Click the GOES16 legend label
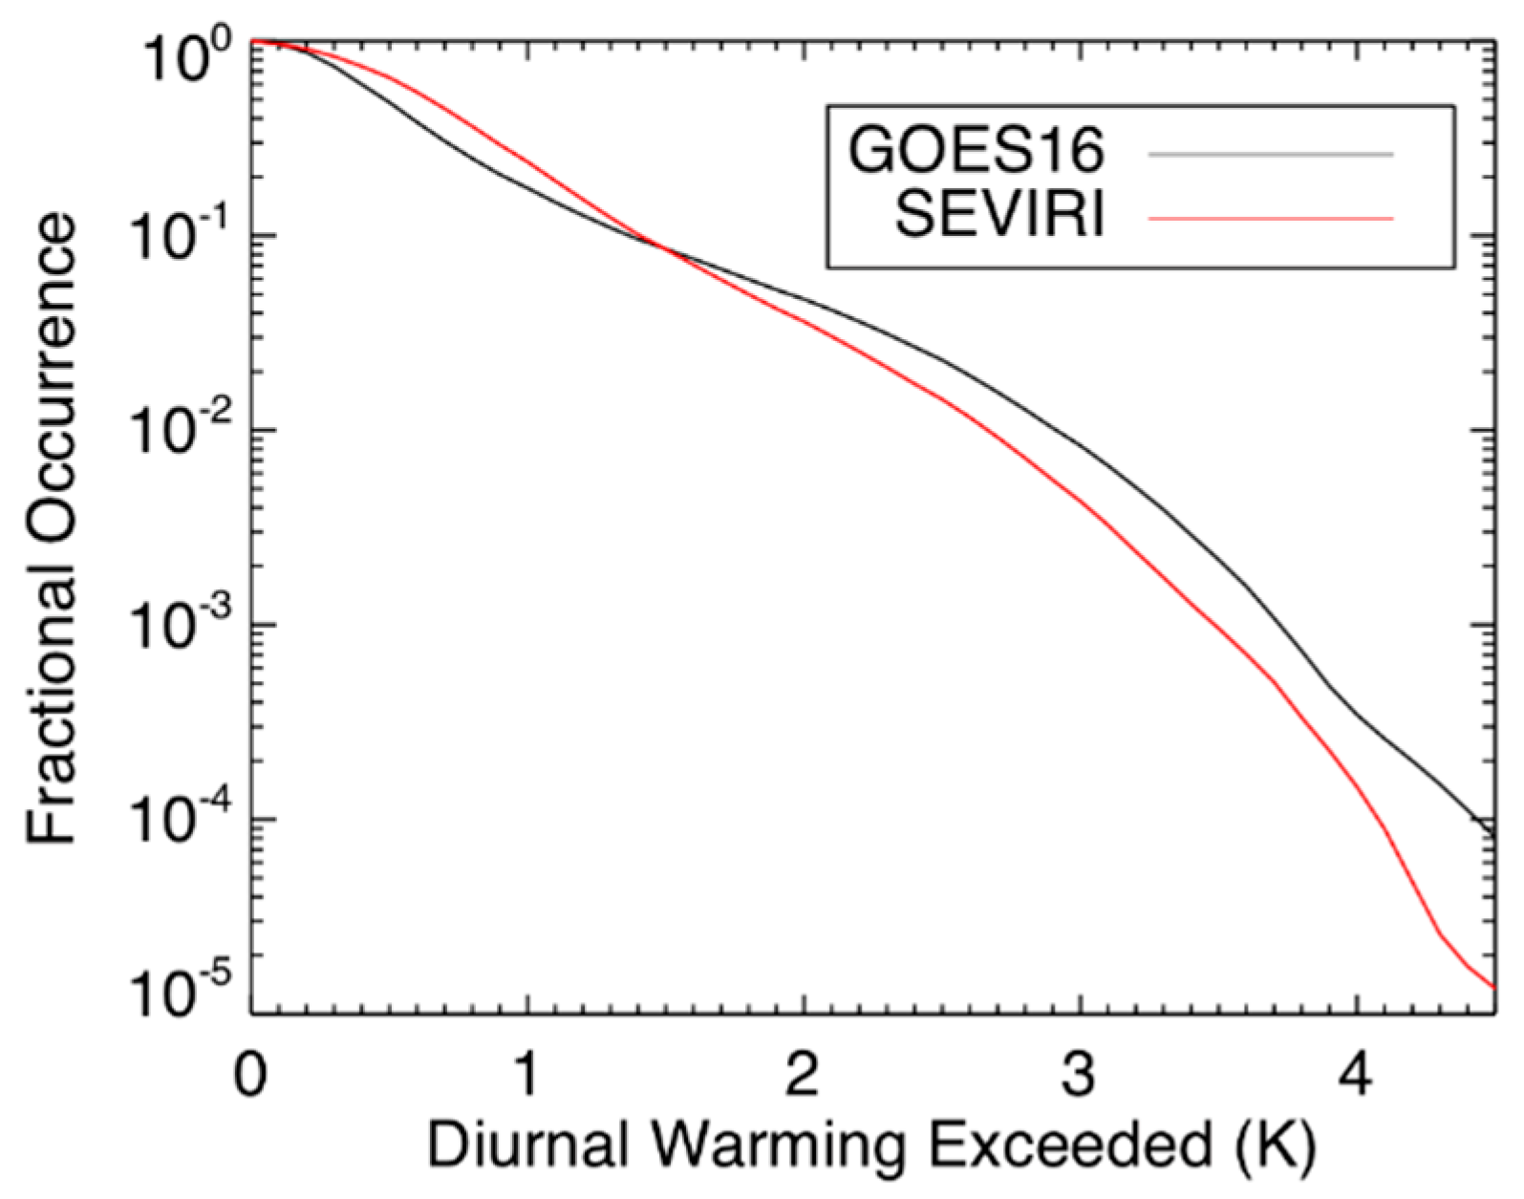(x=977, y=151)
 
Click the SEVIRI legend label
(x=999, y=215)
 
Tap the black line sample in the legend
(x=1271, y=153)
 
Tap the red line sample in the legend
(x=1271, y=219)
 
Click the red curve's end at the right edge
(x=1493, y=987)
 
